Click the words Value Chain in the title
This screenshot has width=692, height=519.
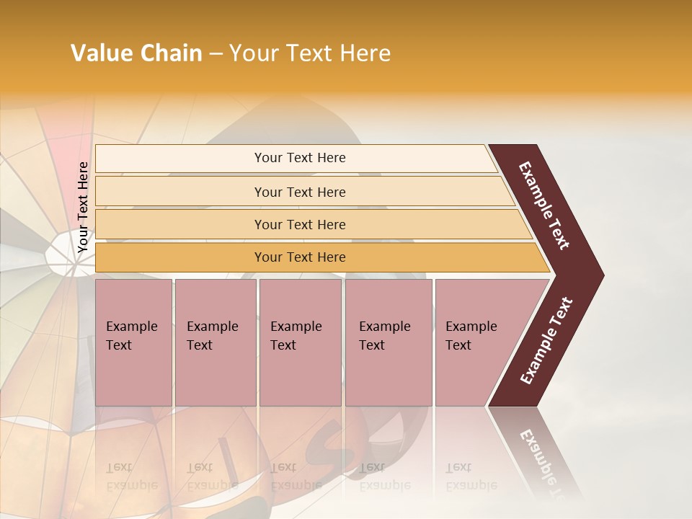(136, 53)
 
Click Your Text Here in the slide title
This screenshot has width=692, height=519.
(310, 53)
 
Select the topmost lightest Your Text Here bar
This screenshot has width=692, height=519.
(299, 158)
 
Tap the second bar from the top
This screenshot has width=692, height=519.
(299, 192)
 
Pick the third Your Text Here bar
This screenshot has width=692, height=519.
(299, 224)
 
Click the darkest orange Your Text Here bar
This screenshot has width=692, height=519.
(299, 257)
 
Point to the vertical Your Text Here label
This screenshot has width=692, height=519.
(83, 206)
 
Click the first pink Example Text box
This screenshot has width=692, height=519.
(133, 342)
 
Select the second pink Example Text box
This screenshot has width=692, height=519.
(215, 342)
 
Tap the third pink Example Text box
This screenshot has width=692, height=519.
(299, 342)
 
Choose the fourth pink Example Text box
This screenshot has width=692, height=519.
(388, 342)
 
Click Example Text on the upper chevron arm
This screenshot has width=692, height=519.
(545, 205)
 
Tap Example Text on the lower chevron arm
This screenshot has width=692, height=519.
(546, 340)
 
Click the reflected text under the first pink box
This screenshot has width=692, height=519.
(131, 476)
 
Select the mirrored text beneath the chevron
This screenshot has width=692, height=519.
(541, 454)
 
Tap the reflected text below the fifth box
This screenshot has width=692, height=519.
(471, 476)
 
